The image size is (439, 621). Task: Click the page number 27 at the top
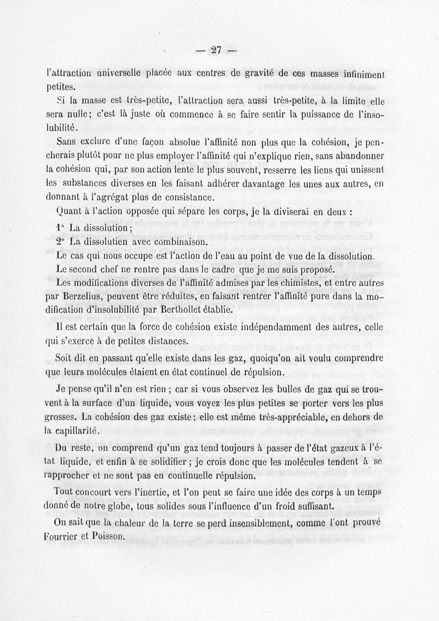click(215, 51)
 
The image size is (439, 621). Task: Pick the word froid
click(286, 505)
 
